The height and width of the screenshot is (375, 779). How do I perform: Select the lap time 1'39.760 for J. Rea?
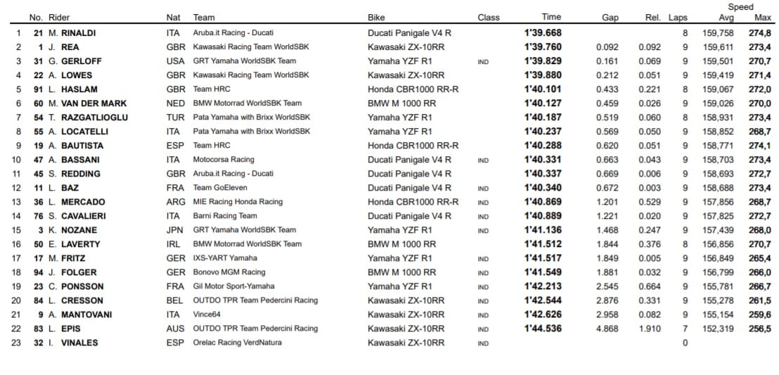[x=543, y=47]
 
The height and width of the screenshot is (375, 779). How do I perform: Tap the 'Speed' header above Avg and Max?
[x=740, y=7]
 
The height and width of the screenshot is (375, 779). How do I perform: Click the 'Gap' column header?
[x=610, y=18]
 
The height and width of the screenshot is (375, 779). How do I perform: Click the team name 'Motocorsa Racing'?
[x=224, y=160]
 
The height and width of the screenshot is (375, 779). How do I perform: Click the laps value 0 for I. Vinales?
[x=685, y=343]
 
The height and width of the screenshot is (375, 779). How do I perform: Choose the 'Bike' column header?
[x=376, y=18]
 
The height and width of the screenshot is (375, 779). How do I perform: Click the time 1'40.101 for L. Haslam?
[x=543, y=89]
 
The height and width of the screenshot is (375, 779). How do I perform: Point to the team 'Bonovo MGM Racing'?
[x=229, y=272]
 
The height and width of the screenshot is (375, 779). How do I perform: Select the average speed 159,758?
[x=718, y=33]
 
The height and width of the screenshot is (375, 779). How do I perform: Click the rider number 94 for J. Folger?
[x=39, y=272]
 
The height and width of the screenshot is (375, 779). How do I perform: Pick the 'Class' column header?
[x=489, y=18]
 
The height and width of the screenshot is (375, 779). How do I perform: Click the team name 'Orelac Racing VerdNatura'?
[x=238, y=343]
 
